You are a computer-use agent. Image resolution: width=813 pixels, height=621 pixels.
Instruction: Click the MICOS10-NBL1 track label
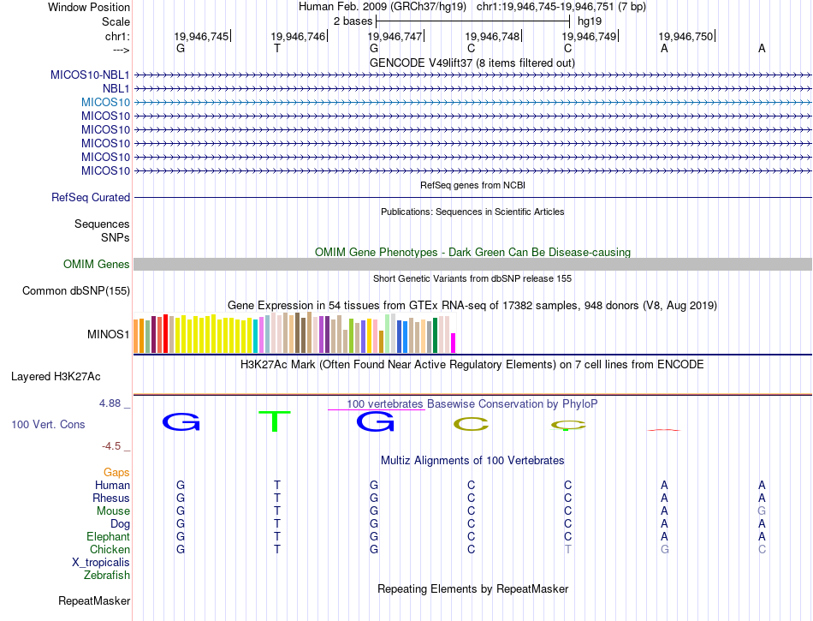click(x=90, y=75)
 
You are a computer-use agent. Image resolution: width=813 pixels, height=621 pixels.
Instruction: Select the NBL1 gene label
click(x=116, y=88)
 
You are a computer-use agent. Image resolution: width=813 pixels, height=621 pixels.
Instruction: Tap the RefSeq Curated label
click(x=91, y=197)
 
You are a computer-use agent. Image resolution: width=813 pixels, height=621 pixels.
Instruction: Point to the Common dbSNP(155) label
click(x=75, y=291)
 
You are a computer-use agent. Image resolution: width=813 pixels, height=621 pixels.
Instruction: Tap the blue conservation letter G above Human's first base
click(x=181, y=421)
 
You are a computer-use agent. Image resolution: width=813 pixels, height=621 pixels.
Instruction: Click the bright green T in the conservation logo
click(x=276, y=421)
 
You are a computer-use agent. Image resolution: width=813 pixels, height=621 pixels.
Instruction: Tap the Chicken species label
click(x=110, y=549)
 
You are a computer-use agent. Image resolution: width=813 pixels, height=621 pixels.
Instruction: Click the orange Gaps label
click(x=116, y=472)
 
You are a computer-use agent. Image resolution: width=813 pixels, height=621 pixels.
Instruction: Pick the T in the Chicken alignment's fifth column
click(x=567, y=549)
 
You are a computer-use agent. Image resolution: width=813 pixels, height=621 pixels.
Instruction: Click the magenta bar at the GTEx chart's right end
click(x=453, y=342)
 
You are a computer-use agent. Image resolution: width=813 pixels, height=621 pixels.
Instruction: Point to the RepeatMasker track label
click(x=94, y=601)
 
